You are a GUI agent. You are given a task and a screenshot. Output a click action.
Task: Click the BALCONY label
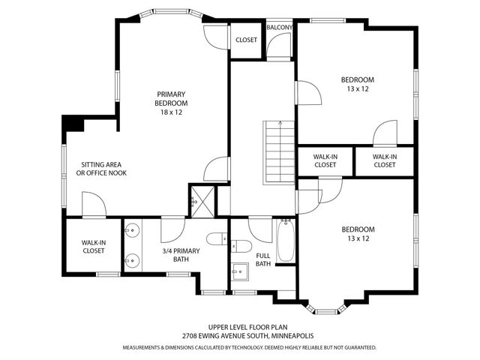point(279,28)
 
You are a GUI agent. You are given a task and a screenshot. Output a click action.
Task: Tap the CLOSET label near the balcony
point(246,40)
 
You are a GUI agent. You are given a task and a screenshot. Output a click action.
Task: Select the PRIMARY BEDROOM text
point(171,98)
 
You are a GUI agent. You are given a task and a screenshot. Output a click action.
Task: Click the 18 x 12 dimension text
point(171,112)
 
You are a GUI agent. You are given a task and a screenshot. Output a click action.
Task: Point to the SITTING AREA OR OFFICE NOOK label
point(101,169)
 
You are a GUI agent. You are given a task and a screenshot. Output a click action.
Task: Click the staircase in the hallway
point(279,152)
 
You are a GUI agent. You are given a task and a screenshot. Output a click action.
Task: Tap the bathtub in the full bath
point(285,241)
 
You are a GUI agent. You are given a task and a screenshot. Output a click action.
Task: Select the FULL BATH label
point(263,259)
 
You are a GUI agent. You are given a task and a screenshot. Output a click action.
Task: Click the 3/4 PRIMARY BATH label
point(181,255)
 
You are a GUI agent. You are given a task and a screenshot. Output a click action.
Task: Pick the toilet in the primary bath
point(217,239)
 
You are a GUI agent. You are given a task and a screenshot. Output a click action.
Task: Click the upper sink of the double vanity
point(132,230)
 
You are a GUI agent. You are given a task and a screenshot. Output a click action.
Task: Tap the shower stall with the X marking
point(202,202)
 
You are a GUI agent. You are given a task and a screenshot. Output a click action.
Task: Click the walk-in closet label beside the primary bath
point(94,247)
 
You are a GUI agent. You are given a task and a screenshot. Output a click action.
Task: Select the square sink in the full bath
point(240,271)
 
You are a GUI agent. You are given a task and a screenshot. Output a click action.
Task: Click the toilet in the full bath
point(241,246)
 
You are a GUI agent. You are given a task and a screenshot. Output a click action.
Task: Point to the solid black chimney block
point(73,124)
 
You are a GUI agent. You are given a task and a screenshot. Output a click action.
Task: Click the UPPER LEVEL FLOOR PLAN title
point(248,327)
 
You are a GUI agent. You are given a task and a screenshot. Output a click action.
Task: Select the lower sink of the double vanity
point(132,260)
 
